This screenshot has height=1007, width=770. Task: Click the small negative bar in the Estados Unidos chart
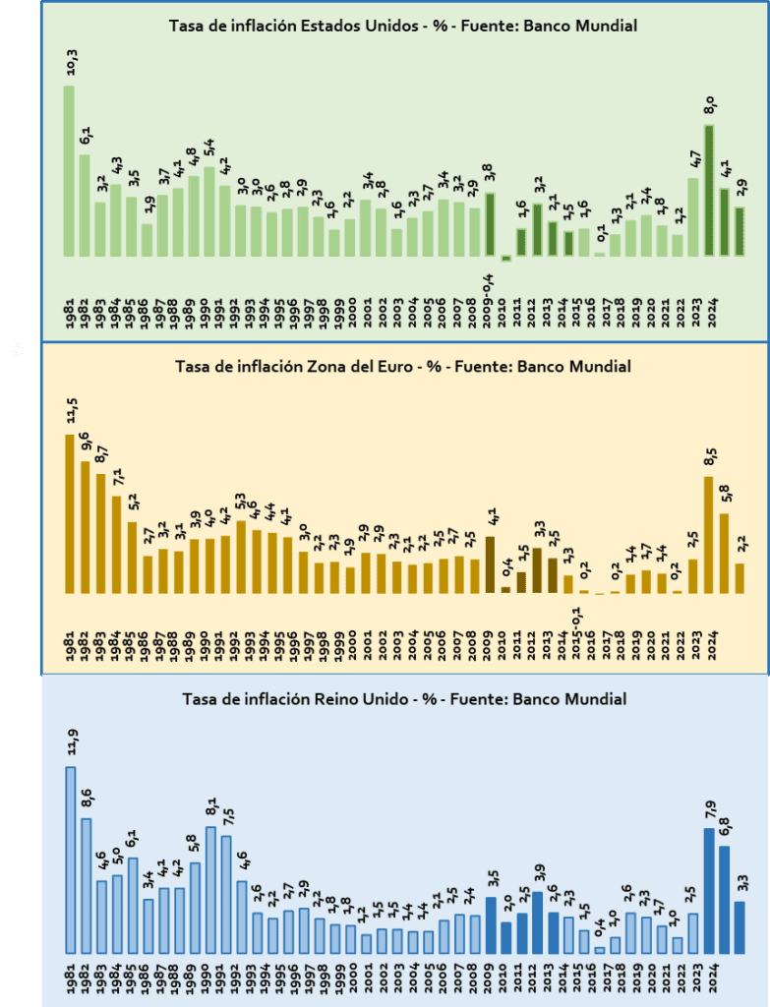point(506,259)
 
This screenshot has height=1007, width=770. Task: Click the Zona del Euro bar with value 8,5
point(707,535)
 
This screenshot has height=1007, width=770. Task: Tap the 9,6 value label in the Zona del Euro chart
point(85,443)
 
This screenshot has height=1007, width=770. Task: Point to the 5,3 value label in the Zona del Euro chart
point(240,503)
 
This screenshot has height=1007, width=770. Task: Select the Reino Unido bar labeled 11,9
point(71,859)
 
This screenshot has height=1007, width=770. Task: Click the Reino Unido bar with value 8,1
point(210,890)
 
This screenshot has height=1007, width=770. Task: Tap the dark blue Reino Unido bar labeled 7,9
point(709,891)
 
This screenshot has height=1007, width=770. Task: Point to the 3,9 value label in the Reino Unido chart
point(537,872)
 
